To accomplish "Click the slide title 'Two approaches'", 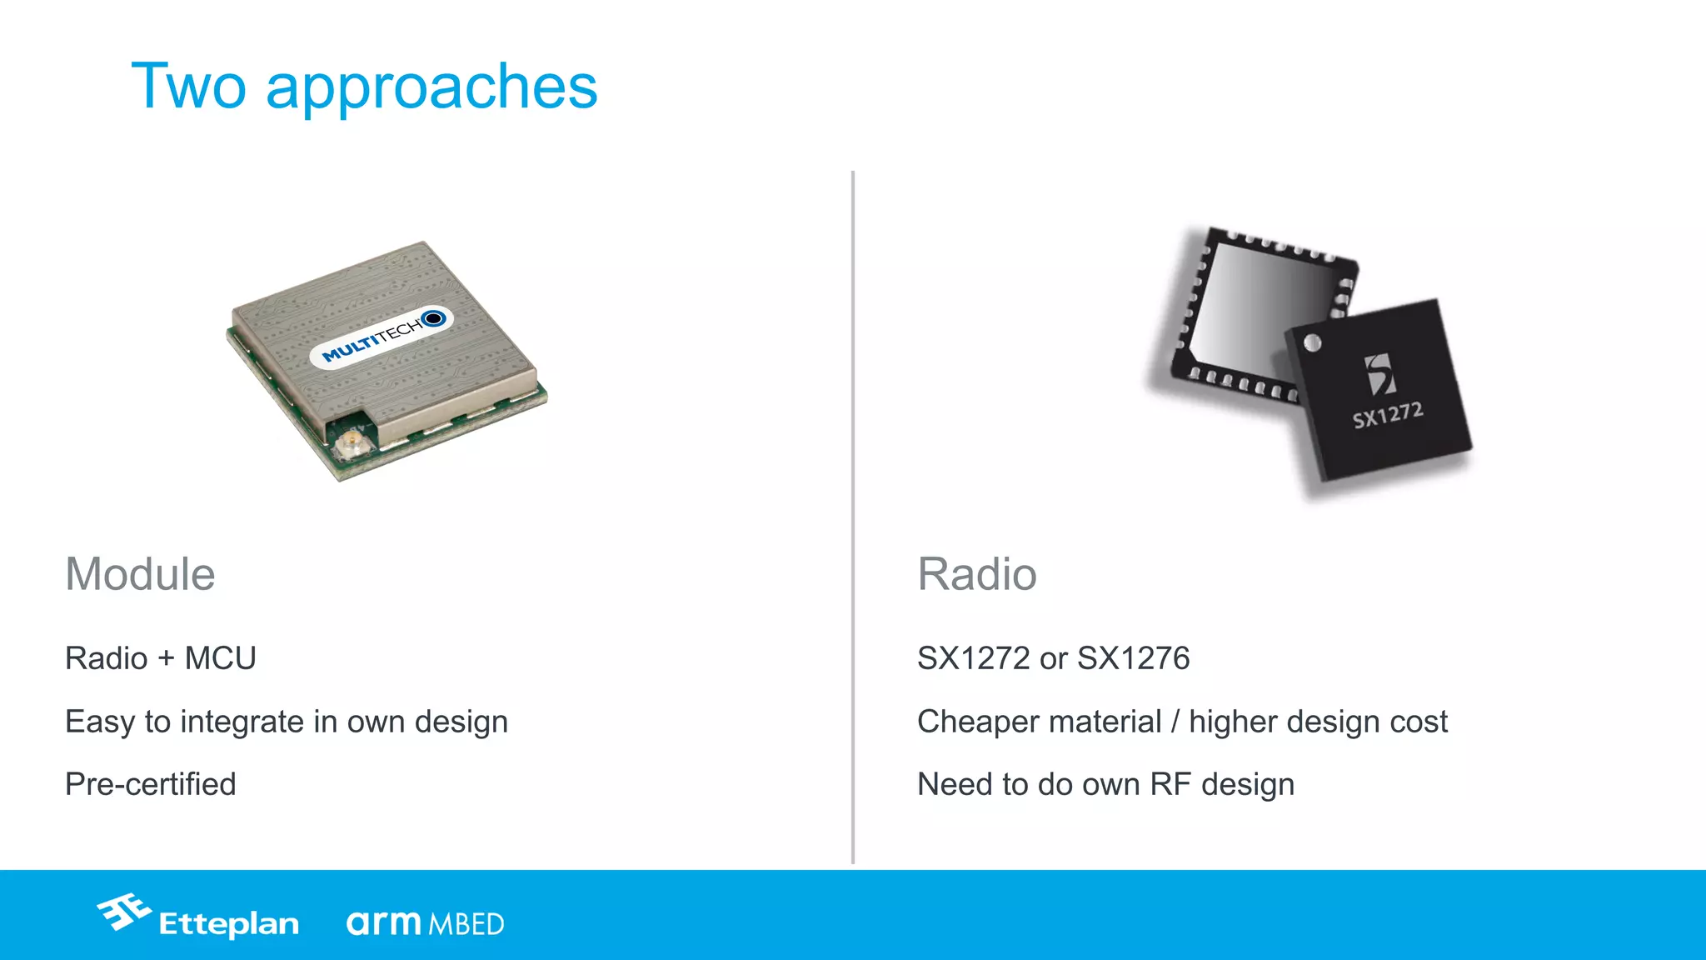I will point(364,87).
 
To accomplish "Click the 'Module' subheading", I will point(140,574).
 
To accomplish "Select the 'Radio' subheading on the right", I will point(976,574).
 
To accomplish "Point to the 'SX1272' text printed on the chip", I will point(1387,414).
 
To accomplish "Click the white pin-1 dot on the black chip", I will point(1312,342).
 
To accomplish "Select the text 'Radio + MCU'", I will point(161,658).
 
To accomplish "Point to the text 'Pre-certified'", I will point(151,784).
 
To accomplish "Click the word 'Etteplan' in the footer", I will point(228,924).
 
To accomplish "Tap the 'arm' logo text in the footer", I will point(383,922).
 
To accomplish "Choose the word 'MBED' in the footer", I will point(466,924).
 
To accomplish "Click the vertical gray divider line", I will point(853,517).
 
